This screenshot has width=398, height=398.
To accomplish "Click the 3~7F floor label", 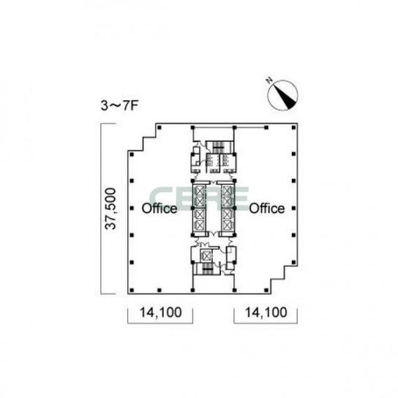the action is pos(119,105).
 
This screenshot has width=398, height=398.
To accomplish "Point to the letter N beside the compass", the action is pos(269,80).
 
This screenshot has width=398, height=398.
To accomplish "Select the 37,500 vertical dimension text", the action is pos(110,209).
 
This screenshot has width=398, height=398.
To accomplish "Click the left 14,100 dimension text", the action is pos(161,312).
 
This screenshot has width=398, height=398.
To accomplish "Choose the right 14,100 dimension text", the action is pos(266,312).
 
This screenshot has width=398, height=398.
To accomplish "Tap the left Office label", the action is pos(159,209).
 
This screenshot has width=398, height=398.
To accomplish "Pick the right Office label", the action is pos(266,209).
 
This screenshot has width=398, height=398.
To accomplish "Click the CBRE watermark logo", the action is pos(199,199).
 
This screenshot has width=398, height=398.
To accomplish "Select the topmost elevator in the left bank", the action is pos(199,191).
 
